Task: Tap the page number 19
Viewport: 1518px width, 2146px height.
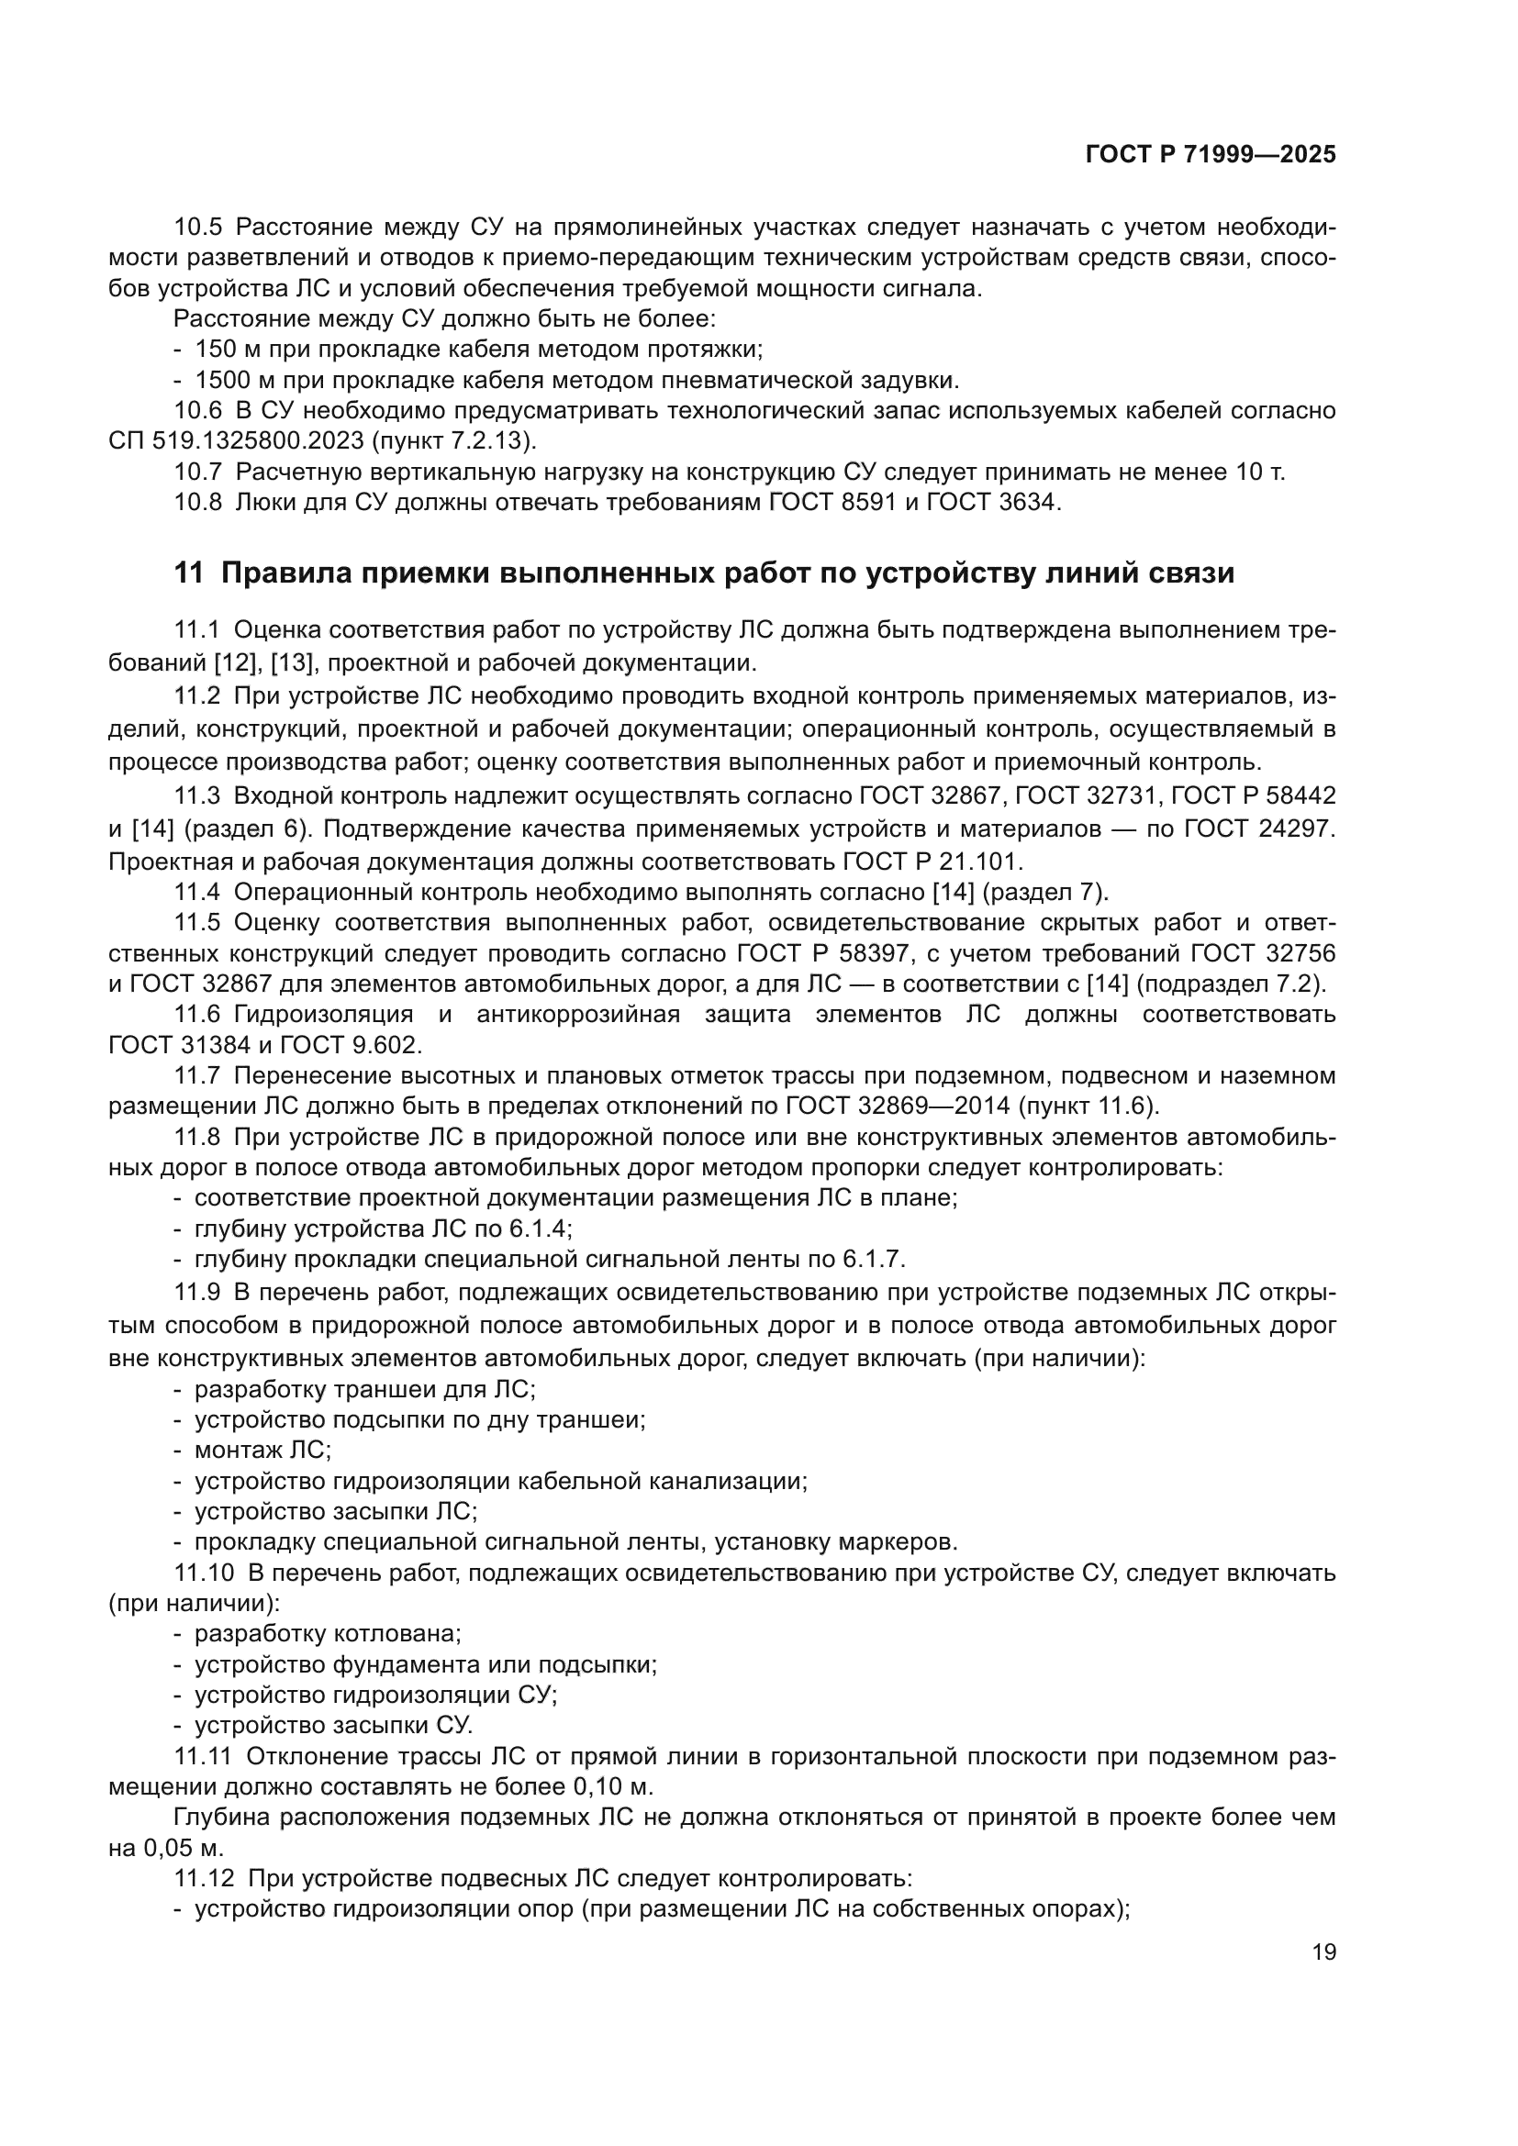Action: (x=1323, y=1951)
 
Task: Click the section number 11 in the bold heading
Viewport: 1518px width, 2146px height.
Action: (x=188, y=573)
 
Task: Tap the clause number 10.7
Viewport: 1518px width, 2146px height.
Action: (x=198, y=472)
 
